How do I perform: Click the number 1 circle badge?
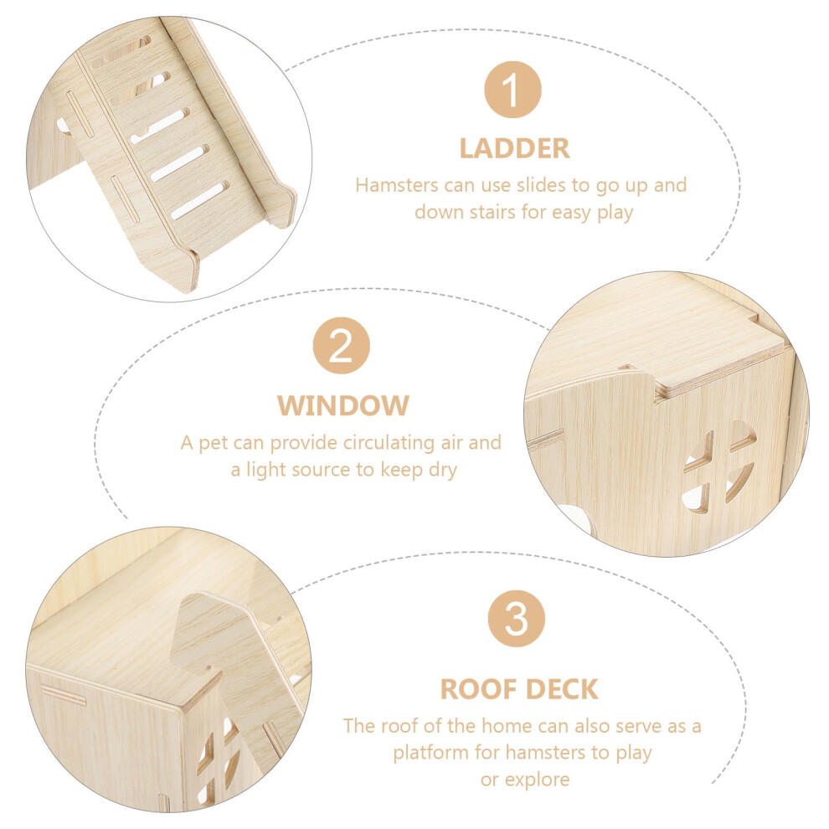pos(512,90)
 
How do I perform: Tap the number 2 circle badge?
pos(341,346)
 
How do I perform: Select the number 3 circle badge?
pos(516,619)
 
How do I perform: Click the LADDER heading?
pos(514,148)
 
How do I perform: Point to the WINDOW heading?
pos(343,405)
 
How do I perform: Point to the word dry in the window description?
pos(443,470)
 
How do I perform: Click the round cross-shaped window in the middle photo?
pos(718,468)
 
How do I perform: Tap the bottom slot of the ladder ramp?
pos(200,200)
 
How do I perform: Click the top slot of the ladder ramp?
pos(121,50)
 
